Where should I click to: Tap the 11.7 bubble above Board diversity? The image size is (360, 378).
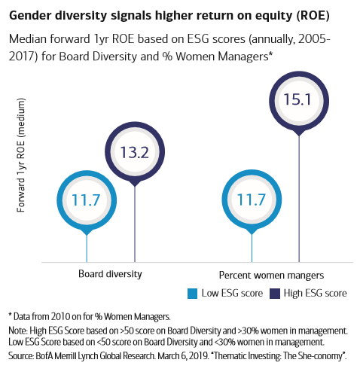coord(87,200)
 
